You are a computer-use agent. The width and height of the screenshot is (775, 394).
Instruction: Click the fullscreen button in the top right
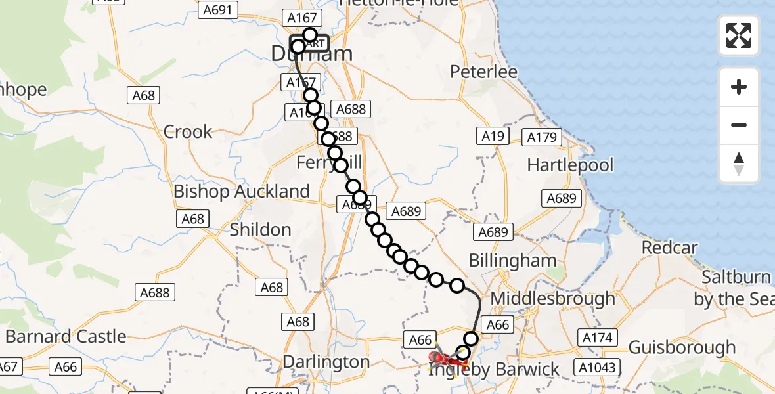click(x=739, y=35)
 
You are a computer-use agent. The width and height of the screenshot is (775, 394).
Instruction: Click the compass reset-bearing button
click(x=739, y=164)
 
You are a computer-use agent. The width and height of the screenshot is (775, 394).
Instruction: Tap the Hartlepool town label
click(x=570, y=164)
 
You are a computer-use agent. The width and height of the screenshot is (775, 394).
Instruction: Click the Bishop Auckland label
click(x=242, y=192)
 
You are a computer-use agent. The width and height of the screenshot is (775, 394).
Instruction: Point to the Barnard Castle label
click(x=66, y=337)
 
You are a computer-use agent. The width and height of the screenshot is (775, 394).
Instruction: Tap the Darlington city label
click(x=326, y=362)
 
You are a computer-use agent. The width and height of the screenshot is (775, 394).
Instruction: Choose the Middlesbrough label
click(x=553, y=299)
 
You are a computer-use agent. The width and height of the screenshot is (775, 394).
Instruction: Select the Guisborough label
click(x=682, y=347)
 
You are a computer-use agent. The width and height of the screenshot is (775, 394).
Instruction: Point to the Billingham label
click(x=512, y=261)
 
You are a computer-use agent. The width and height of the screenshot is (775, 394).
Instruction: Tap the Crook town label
click(x=188, y=132)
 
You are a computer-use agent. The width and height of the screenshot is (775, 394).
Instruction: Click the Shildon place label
click(x=260, y=230)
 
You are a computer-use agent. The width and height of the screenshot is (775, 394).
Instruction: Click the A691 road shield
click(x=217, y=11)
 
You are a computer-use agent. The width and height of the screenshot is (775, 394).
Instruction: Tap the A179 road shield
click(x=542, y=138)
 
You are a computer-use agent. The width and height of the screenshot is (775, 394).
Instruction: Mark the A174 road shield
click(x=597, y=338)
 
